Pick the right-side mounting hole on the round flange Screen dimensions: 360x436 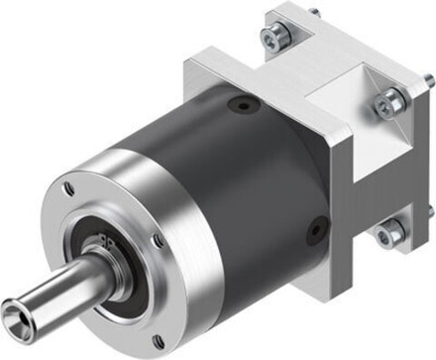coord(159,238)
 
